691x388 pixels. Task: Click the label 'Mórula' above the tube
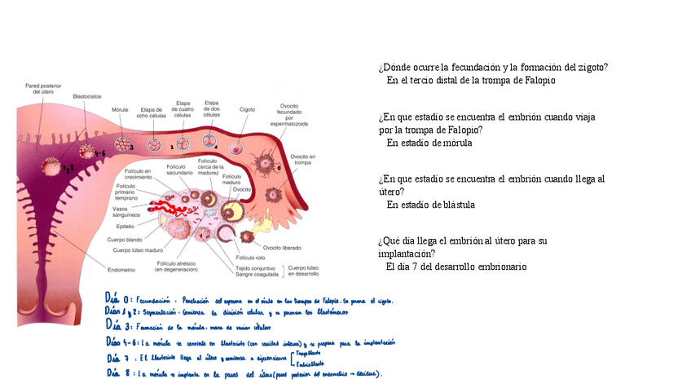click(x=120, y=109)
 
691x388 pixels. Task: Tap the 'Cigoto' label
click(x=247, y=109)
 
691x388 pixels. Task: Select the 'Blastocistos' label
click(x=86, y=96)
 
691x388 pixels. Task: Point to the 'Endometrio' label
click(x=121, y=270)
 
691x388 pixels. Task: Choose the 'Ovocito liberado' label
click(x=281, y=247)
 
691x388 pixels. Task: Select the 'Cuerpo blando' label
click(x=125, y=240)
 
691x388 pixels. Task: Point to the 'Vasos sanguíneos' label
click(x=130, y=212)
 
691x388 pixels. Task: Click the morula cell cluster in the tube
click(x=122, y=144)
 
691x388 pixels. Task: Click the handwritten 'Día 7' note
click(x=119, y=357)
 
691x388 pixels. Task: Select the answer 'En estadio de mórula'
click(x=429, y=143)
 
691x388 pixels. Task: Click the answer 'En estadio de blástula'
click(x=430, y=205)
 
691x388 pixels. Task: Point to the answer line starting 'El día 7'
click(x=456, y=267)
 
